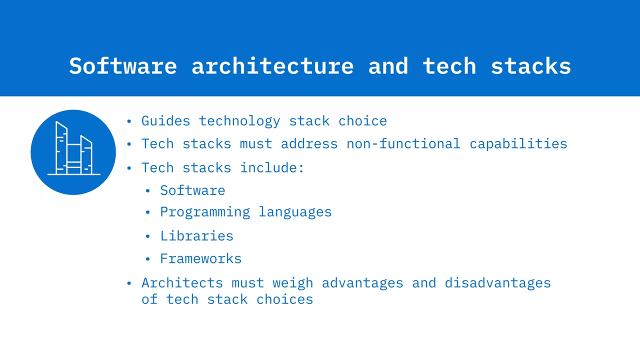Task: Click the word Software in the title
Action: pos(123,66)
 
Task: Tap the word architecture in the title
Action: pos(272,66)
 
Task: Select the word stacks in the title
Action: pos(531,66)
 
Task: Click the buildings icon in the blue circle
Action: pos(73,148)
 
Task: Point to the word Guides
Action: pos(165,121)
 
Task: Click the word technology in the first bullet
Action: pos(239,121)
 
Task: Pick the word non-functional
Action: pos(403,143)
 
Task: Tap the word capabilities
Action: pos(518,144)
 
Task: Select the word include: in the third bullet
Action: pos(272,167)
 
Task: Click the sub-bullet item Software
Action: pos(192,190)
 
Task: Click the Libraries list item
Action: pos(196,236)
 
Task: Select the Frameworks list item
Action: pos(201,258)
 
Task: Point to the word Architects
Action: pos(182,283)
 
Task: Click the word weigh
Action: pos(293,283)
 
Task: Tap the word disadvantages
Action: pos(497,283)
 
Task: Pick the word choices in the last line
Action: pos(284,299)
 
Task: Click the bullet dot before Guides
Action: pos(129,121)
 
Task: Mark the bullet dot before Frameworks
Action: pos(147,259)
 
